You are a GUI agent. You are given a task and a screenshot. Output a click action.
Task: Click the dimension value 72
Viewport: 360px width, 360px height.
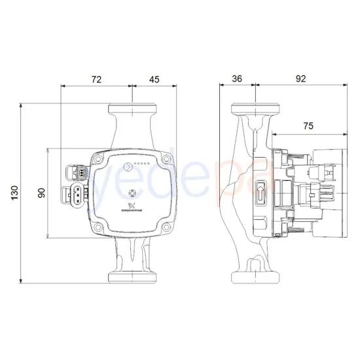(x=96, y=79)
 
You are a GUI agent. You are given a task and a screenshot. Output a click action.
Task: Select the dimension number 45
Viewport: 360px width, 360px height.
(x=154, y=79)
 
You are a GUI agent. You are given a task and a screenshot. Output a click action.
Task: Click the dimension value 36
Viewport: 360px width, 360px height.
(x=237, y=79)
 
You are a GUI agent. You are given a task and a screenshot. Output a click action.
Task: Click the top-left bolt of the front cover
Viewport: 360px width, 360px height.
(x=99, y=158)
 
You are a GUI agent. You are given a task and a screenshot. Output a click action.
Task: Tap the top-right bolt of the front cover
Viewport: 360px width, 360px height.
(x=168, y=158)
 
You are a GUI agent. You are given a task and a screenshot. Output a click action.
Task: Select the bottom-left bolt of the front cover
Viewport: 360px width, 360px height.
(x=99, y=227)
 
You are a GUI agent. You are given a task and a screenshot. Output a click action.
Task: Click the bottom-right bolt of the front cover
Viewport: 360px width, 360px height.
(x=168, y=227)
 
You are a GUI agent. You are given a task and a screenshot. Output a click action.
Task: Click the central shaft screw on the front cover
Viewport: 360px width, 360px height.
(x=134, y=193)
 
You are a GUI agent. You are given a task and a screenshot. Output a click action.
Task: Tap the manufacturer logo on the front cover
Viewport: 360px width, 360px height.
(x=134, y=208)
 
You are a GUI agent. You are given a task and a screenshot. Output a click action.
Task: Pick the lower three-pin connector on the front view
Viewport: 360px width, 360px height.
(x=76, y=195)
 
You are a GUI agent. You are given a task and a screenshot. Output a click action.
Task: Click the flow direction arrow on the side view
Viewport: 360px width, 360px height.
(x=261, y=192)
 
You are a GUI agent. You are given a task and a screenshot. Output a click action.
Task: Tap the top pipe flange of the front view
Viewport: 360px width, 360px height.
(x=134, y=109)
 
